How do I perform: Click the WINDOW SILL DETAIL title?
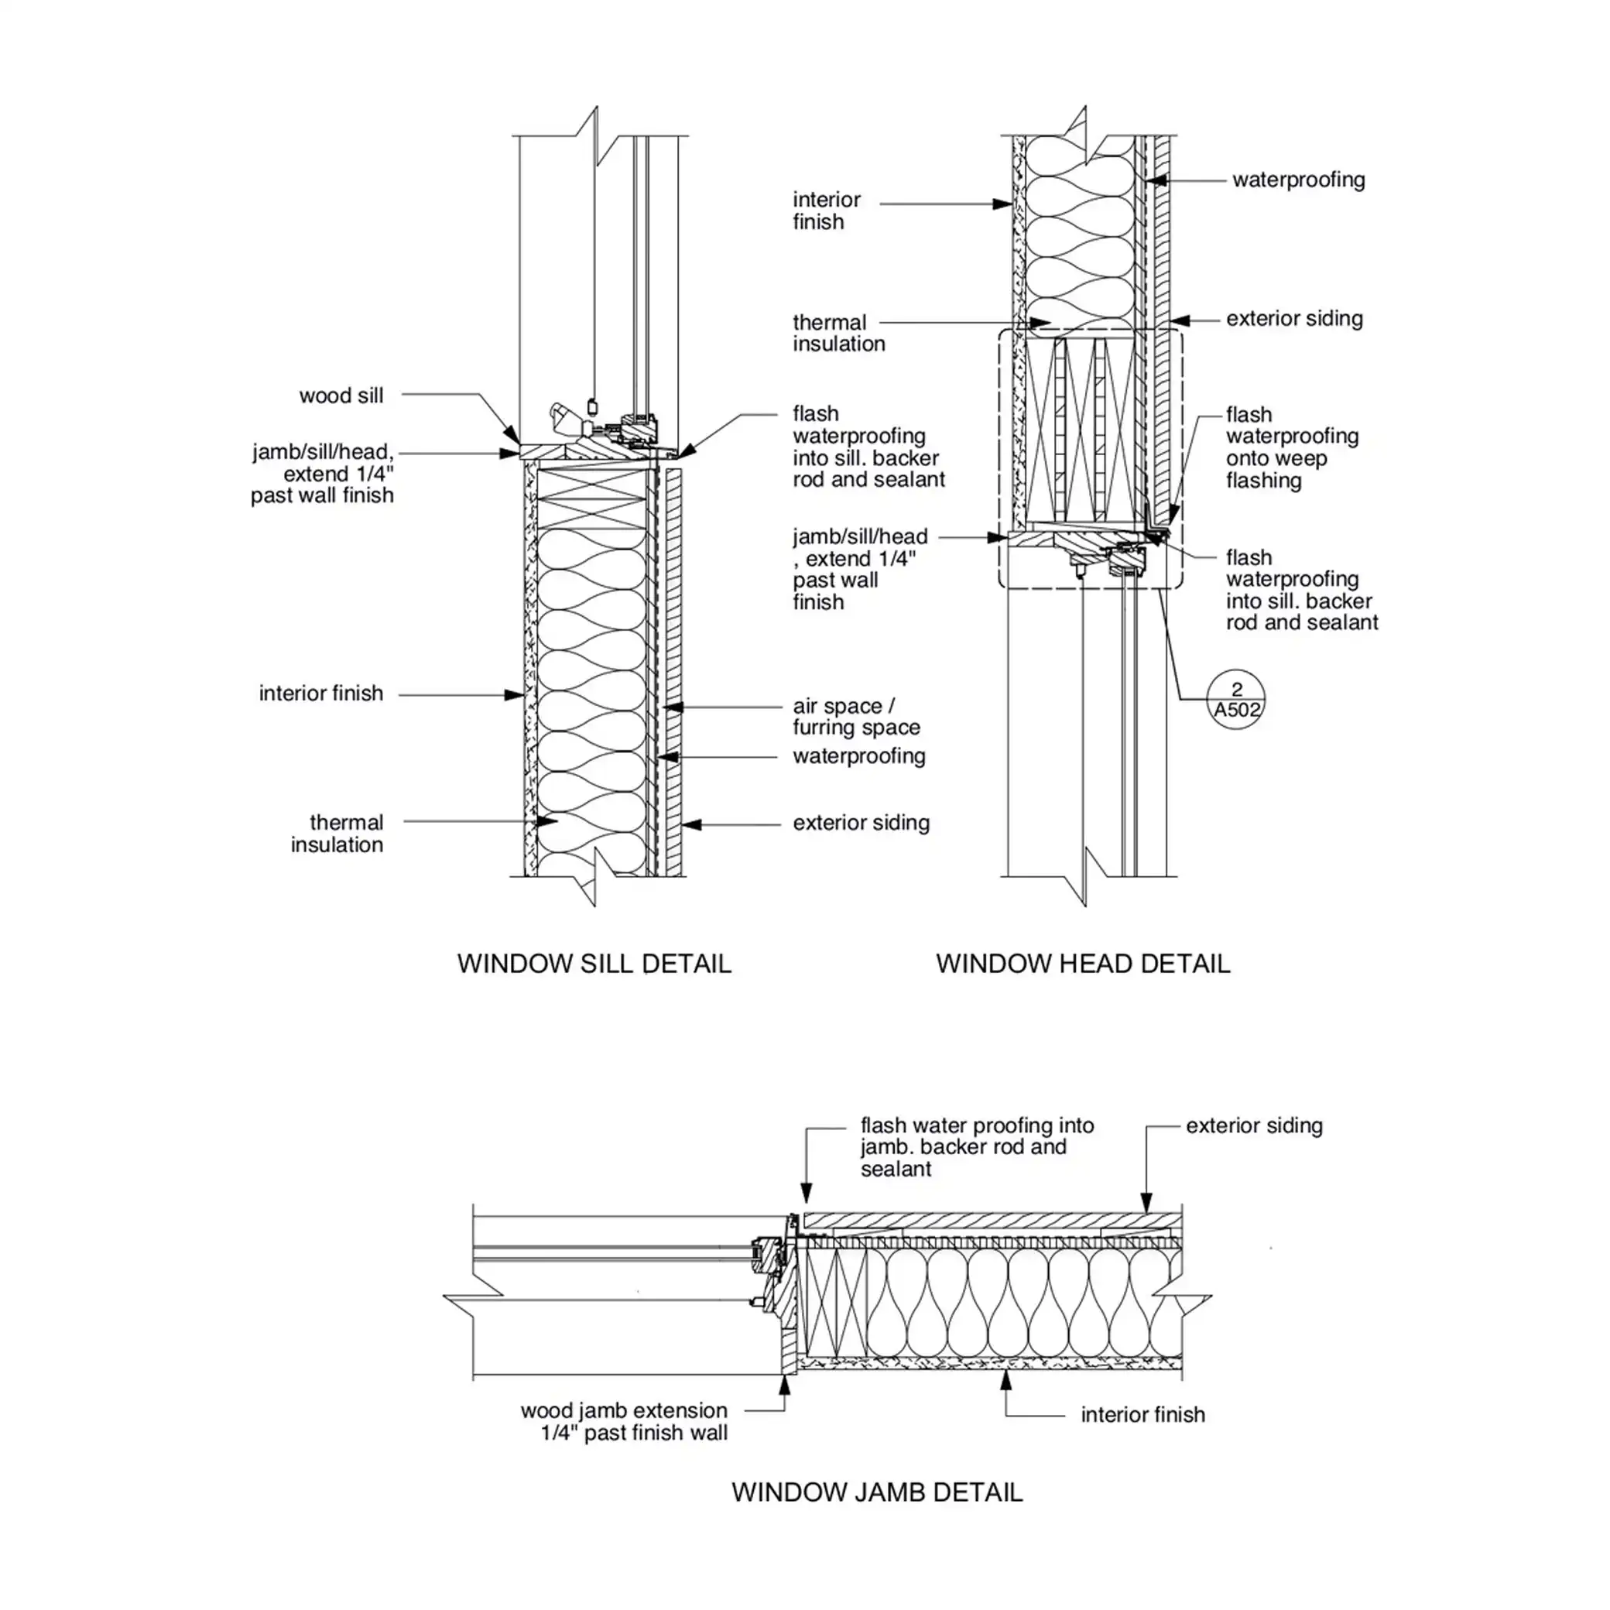[594, 964]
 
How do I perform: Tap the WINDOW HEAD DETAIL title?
[1083, 964]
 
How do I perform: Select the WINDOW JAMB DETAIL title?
[877, 1492]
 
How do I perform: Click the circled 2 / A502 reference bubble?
[1236, 700]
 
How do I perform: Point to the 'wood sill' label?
[341, 396]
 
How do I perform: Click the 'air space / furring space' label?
[856, 717]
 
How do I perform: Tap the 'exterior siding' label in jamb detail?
[1253, 1125]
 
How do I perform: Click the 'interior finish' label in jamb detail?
[1142, 1414]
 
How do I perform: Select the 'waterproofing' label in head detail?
[1298, 180]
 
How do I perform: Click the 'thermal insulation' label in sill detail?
[337, 834]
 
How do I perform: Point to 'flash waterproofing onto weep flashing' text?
[1292, 447]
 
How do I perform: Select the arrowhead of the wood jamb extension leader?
[784, 1381]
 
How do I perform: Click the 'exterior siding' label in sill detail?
[861, 824]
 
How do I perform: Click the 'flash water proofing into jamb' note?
[977, 1146]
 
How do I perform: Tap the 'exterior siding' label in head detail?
[1294, 318]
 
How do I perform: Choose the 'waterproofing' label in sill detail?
[859, 757]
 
